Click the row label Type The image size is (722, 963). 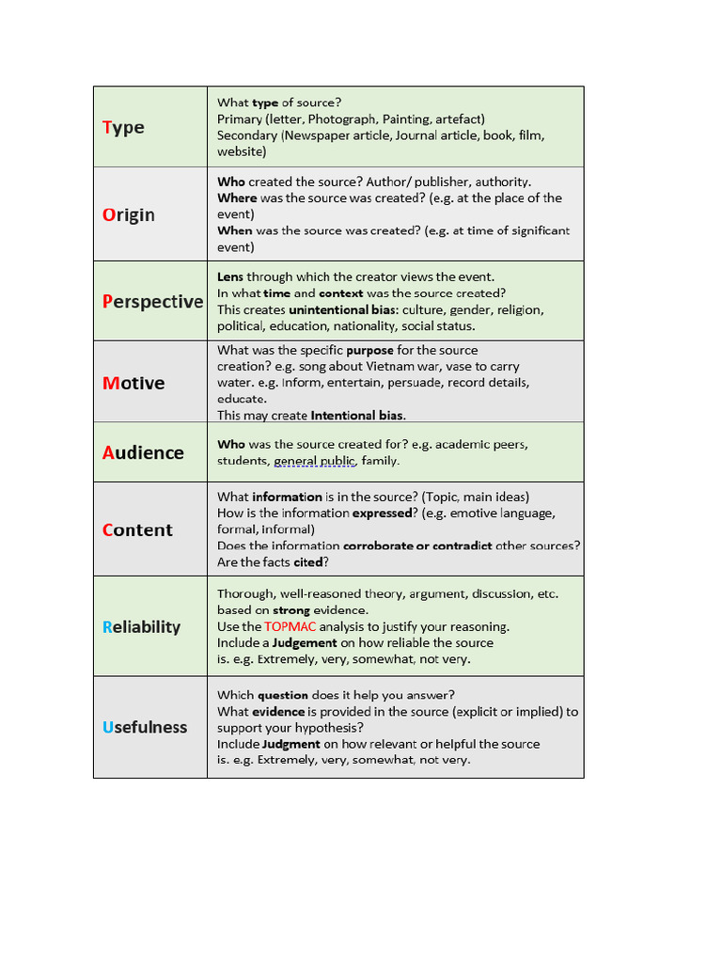click(123, 128)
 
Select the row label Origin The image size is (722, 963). click(129, 214)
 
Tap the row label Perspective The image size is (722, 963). click(152, 301)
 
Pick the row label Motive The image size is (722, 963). click(133, 383)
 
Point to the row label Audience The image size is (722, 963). click(143, 452)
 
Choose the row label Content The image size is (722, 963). click(137, 530)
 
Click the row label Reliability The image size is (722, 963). click(141, 627)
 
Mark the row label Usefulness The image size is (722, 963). click(145, 727)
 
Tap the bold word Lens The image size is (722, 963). click(230, 276)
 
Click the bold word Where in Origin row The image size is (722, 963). click(237, 197)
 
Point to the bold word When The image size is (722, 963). click(235, 230)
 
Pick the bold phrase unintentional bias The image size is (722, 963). click(343, 309)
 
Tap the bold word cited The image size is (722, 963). click(307, 562)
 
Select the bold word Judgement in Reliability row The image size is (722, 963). click(305, 642)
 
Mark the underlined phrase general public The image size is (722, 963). click(314, 461)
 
